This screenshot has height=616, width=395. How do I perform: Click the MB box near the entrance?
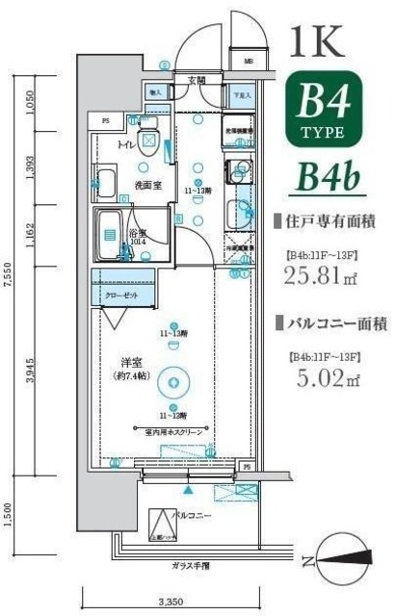(248, 64)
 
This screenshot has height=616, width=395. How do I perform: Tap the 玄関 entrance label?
(197, 80)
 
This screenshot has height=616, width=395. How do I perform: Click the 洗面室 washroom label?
(146, 184)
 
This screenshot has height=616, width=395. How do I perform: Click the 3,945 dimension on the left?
(32, 369)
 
